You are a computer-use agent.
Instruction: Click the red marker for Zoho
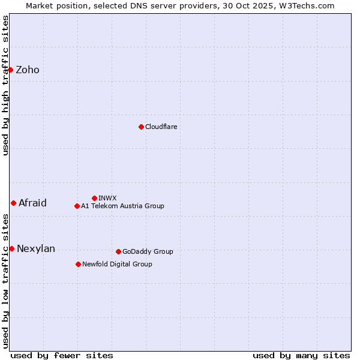pyautogui.click(x=11, y=70)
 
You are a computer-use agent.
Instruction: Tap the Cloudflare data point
pyautogui.click(x=141, y=127)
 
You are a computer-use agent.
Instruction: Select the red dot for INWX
pyautogui.click(x=94, y=198)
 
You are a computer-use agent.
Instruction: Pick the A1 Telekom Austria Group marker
pyautogui.click(x=77, y=206)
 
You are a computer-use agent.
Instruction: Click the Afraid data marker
pyautogui.click(x=13, y=203)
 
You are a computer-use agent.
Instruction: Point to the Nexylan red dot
pyautogui.click(x=11, y=248)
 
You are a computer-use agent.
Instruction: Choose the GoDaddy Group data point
pyautogui.click(x=118, y=251)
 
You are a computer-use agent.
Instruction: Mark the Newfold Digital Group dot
pyautogui.click(x=78, y=264)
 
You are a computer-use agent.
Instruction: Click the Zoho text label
pyautogui.click(x=28, y=70)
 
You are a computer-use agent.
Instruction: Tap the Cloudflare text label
pyautogui.click(x=161, y=127)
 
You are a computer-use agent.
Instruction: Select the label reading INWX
pyautogui.click(x=107, y=198)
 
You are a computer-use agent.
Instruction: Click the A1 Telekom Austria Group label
pyautogui.click(x=122, y=206)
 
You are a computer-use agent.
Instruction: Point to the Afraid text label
pyautogui.click(x=32, y=203)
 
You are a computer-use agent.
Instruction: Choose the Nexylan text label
pyautogui.click(x=36, y=248)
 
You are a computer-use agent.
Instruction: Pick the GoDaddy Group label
pyautogui.click(x=148, y=251)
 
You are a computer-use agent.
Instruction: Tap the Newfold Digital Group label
pyautogui.click(x=117, y=264)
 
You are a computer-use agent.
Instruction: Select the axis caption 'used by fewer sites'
pyautogui.click(x=62, y=355)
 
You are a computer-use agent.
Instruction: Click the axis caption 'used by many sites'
pyautogui.click(x=301, y=355)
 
